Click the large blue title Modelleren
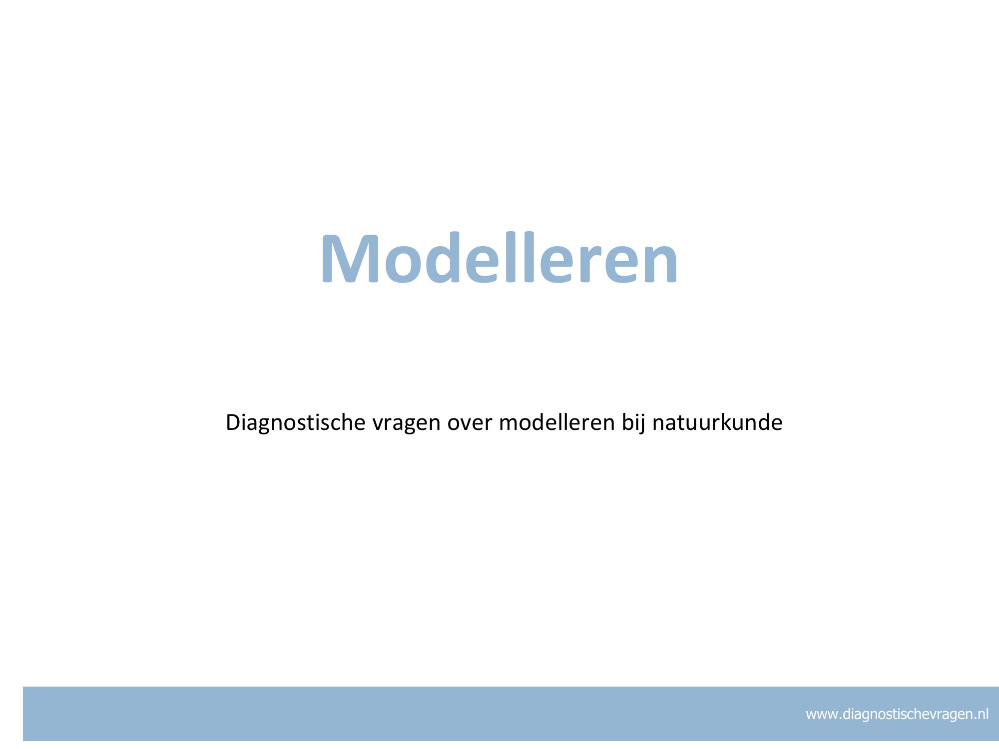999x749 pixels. [499, 258]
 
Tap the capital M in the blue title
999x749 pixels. [349, 259]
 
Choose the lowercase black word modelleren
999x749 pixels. [556, 422]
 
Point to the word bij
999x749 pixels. [633, 423]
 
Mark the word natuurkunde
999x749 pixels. [717, 422]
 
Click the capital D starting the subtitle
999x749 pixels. [233, 423]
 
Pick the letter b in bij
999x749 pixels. [628, 422]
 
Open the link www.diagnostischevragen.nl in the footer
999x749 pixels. [897, 715]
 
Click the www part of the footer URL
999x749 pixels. [821, 716]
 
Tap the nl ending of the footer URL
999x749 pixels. [983, 714]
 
